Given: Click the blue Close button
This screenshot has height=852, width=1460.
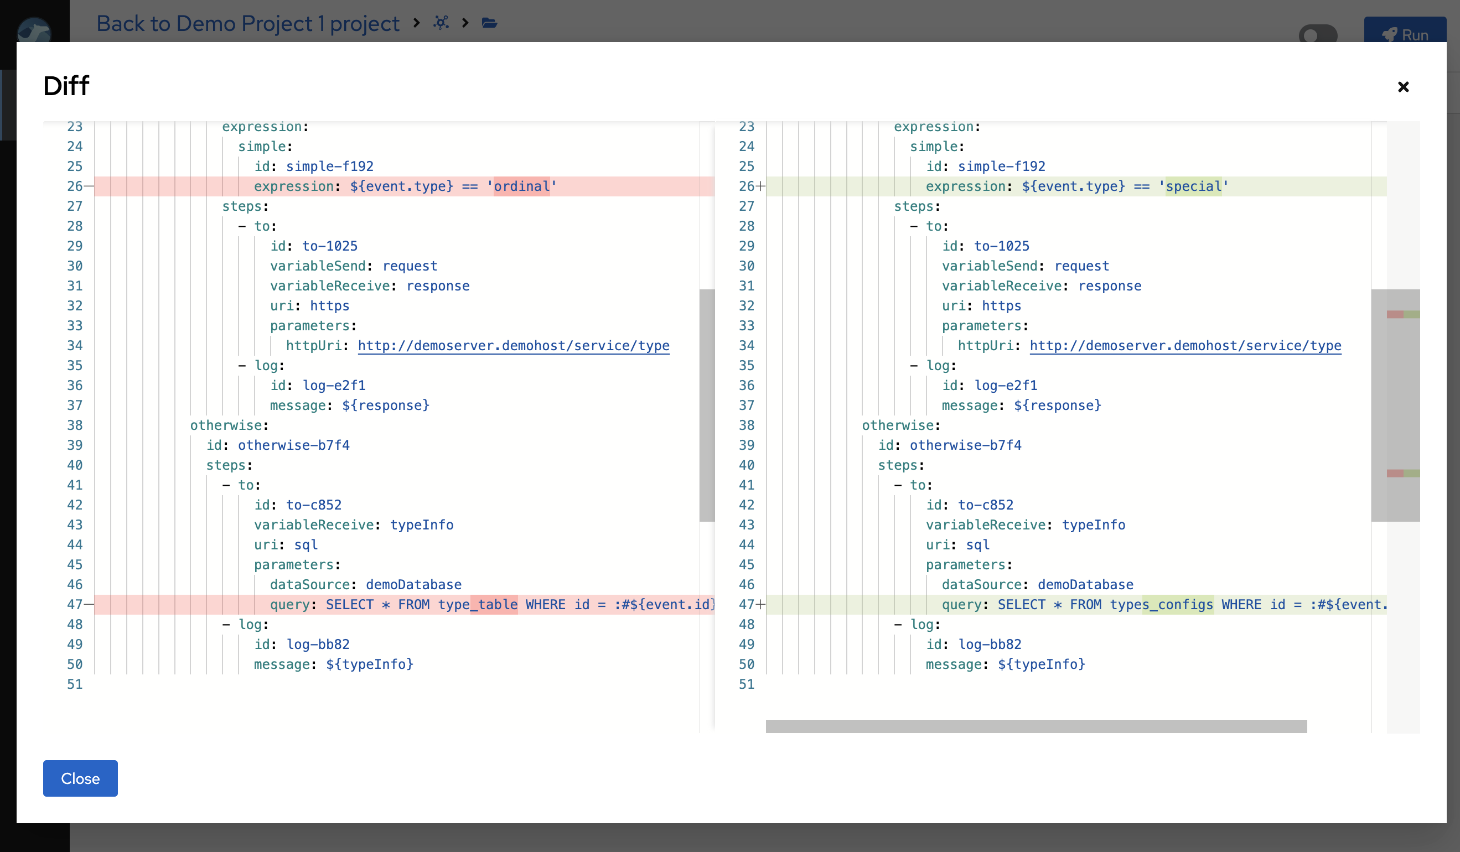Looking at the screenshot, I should pyautogui.click(x=80, y=778).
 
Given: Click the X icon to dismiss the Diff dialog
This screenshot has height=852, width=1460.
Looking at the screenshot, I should pyautogui.click(x=1402, y=87).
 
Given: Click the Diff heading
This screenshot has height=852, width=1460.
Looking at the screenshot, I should pyautogui.click(x=66, y=86).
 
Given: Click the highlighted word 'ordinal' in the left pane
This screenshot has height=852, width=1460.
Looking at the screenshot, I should pyautogui.click(x=521, y=186).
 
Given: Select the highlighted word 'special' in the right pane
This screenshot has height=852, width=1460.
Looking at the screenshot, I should pyautogui.click(x=1193, y=186).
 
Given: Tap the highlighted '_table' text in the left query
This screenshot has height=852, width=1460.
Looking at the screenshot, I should pyautogui.click(x=494, y=605).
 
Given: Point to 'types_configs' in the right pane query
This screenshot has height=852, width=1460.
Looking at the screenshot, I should pyautogui.click(x=1161, y=605).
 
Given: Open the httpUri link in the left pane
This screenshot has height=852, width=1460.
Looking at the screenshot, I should pyautogui.click(x=513, y=346).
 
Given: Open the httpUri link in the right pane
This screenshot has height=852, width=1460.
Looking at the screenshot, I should pyautogui.click(x=1185, y=346).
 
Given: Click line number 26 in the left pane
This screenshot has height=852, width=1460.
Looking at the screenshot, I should pyautogui.click(x=75, y=186).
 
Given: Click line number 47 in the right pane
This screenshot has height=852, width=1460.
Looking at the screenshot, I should pyautogui.click(x=746, y=605).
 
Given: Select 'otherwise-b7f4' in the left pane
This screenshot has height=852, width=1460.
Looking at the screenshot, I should pyautogui.click(x=293, y=445).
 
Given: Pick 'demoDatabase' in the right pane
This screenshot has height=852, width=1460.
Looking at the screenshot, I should pyautogui.click(x=1085, y=585).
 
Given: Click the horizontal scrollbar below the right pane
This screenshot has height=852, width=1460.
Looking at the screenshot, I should pyautogui.click(x=1036, y=726).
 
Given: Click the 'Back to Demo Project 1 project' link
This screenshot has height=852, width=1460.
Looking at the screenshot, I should pyautogui.click(x=247, y=23).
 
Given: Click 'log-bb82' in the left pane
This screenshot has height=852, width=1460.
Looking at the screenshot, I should pyautogui.click(x=318, y=645).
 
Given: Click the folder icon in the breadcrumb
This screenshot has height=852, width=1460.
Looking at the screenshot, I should pyautogui.click(x=490, y=23).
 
